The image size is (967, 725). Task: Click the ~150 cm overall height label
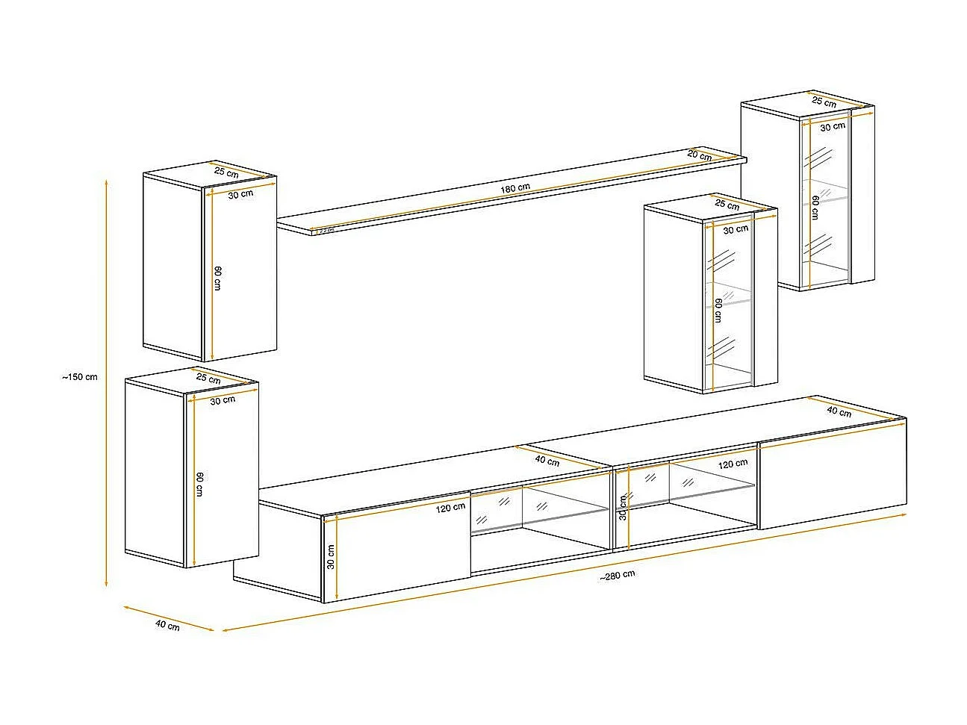tap(80, 377)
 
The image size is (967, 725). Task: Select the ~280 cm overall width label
tap(617, 574)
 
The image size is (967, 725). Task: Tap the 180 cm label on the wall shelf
tap(515, 188)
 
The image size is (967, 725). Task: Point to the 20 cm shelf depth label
tap(699, 155)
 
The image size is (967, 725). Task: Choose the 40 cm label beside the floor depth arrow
tap(167, 625)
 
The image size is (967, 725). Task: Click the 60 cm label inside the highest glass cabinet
tap(815, 207)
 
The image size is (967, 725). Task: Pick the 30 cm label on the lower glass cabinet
tap(735, 229)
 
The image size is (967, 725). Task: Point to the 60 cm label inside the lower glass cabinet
tap(718, 309)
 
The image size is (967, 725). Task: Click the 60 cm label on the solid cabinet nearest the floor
tap(199, 484)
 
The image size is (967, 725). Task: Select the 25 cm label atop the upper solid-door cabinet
tap(226, 172)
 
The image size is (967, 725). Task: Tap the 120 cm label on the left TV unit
tap(450, 507)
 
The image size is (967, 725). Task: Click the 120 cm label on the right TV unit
tap(733, 464)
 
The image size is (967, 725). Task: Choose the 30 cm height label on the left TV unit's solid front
tap(331, 556)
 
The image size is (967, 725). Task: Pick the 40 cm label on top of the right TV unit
tap(839, 411)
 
